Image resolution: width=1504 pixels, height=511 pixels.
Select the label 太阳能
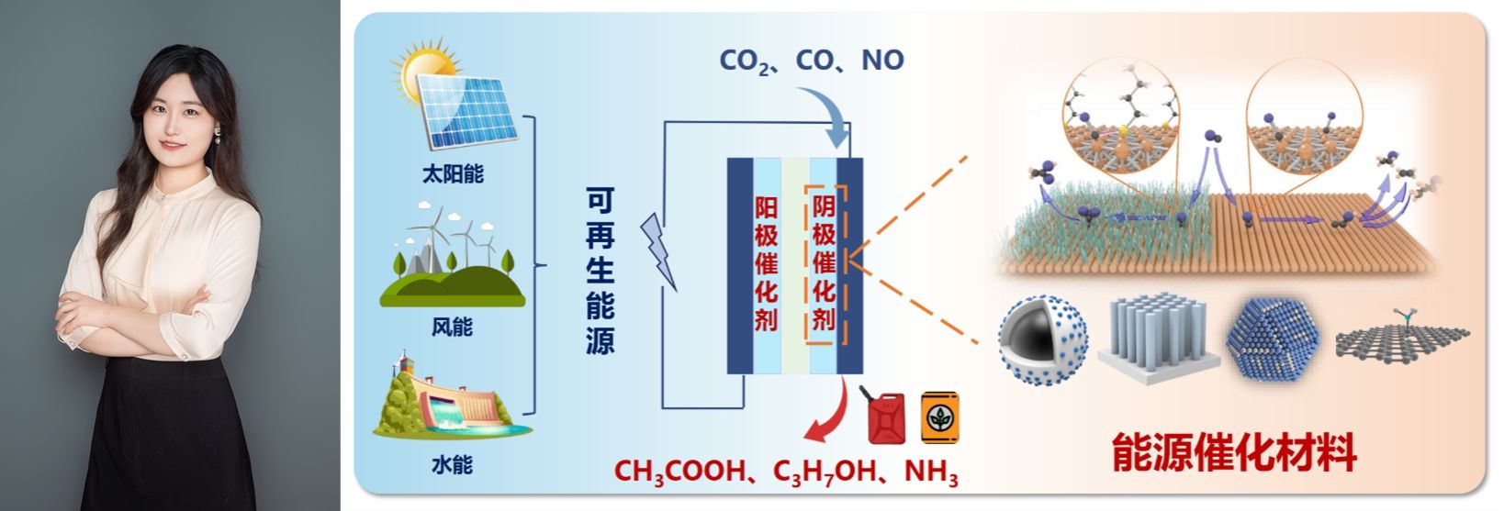coord(453,173)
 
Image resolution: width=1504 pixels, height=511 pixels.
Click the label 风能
coord(452,326)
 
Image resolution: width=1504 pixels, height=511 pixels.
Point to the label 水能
coord(452,464)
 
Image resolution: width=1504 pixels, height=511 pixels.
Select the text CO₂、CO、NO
coord(812,61)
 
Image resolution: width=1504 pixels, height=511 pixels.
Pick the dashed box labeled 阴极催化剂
coord(824,262)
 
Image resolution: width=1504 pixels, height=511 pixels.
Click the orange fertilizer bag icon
coord(940,417)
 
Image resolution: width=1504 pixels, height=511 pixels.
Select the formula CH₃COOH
coord(679,472)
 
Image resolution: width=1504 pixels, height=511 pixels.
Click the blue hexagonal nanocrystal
coord(1270,339)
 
